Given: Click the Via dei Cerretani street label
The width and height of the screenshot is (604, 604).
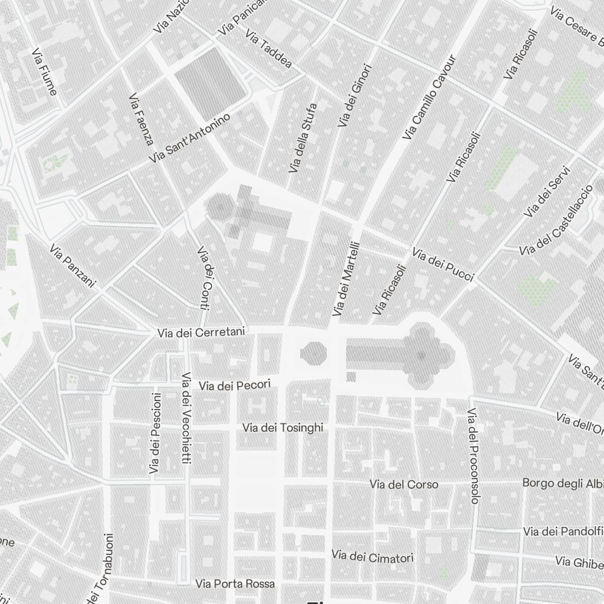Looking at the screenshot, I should click(201, 332).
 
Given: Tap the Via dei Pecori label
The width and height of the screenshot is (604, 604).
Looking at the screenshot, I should click(234, 385).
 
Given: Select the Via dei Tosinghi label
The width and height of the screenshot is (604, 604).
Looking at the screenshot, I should click(283, 428).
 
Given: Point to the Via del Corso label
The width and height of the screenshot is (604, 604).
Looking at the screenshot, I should click(404, 484).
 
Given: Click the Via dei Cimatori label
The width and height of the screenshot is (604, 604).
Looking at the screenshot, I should click(373, 556).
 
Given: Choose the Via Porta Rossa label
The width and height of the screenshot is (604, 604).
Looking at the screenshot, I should click(235, 584).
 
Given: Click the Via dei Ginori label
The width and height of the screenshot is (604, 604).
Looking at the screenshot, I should click(355, 95).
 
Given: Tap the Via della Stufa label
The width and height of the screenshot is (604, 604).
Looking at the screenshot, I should click(303, 138).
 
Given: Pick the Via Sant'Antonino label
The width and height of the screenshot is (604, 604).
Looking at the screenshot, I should click(190, 138).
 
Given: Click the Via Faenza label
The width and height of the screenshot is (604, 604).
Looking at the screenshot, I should click(141, 119).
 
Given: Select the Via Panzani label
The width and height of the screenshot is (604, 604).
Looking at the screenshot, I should click(72, 266).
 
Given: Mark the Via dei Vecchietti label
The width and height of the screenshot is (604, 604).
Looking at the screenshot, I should click(186, 418).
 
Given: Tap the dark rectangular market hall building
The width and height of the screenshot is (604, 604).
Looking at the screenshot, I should click(210, 82).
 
